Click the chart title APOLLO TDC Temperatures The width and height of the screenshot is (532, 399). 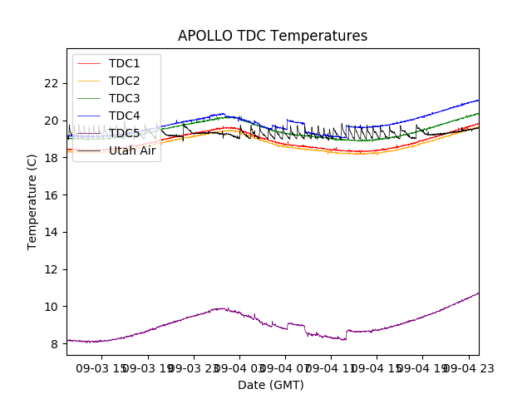(273, 37)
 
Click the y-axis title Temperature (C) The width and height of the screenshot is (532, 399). (32, 202)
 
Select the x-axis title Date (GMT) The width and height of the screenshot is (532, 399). (271, 385)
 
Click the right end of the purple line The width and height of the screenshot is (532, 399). (478, 293)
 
